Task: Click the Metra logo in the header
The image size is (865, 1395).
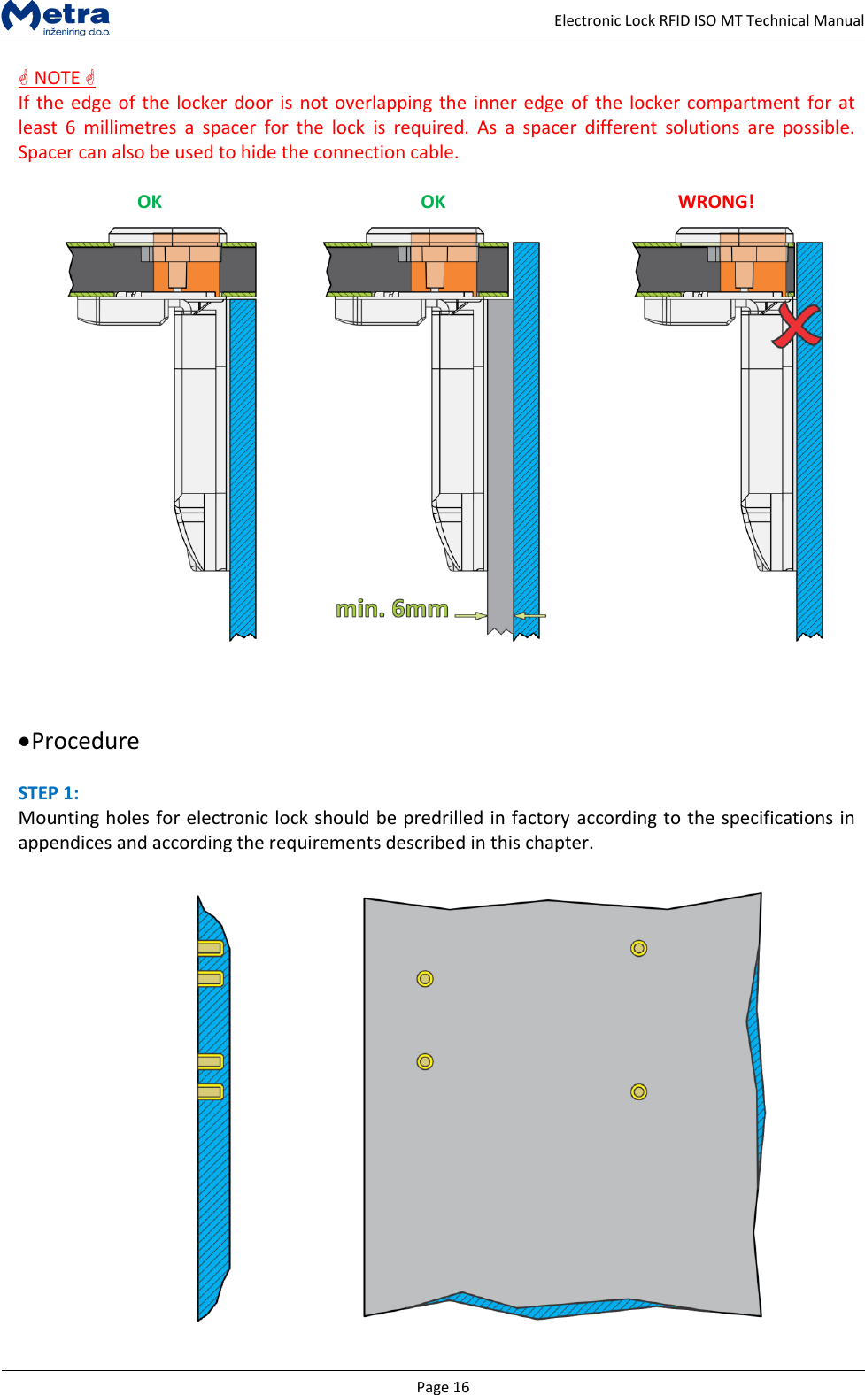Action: tap(57, 18)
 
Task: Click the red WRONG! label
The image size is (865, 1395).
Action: tap(715, 202)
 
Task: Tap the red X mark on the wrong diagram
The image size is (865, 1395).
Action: tap(796, 325)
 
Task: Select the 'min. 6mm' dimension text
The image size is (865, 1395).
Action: tap(392, 609)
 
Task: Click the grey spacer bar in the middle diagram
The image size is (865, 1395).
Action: tap(499, 460)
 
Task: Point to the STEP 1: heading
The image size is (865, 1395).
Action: tap(49, 793)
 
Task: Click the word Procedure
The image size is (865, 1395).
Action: tap(85, 741)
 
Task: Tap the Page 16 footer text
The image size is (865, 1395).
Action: tap(443, 1387)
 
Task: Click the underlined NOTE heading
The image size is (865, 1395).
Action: tap(58, 78)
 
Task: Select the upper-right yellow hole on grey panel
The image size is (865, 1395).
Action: tap(638, 948)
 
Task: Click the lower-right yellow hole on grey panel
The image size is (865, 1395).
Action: tap(638, 1091)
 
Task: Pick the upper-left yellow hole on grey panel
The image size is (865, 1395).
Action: tap(425, 978)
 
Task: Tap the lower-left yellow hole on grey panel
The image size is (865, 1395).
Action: tap(425, 1061)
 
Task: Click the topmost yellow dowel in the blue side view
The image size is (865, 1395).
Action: tap(210, 948)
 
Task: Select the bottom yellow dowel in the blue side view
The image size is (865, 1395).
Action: tap(210, 1091)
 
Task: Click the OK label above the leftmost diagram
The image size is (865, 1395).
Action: tap(150, 202)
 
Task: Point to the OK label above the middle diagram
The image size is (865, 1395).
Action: tap(433, 202)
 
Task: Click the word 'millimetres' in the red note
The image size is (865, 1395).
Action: tap(130, 127)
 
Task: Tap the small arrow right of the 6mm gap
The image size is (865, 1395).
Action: tap(530, 615)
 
